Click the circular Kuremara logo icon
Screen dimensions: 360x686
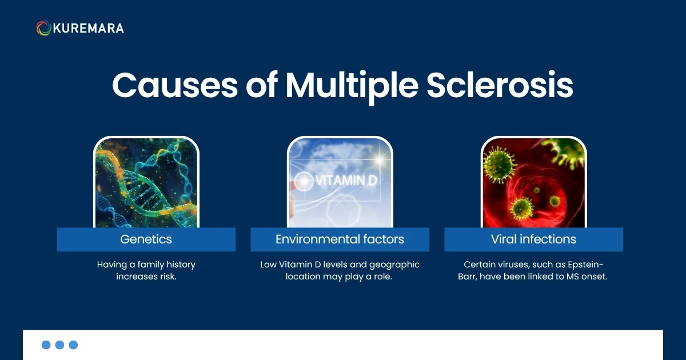click(43, 28)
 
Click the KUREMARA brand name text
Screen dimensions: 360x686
click(88, 28)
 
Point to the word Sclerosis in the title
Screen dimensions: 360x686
click(500, 86)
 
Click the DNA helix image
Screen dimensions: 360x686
click(146, 183)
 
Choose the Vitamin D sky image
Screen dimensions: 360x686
click(340, 183)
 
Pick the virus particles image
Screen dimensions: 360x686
click(533, 183)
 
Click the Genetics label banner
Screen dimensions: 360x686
click(146, 239)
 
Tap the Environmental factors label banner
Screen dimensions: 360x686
click(340, 239)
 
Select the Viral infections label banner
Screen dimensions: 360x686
click(533, 239)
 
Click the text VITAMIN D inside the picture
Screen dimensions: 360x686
click(346, 181)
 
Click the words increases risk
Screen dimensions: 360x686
click(146, 277)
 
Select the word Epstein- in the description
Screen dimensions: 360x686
click(584, 265)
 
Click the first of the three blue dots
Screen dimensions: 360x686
click(46, 345)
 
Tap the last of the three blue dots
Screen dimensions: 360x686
click(73, 345)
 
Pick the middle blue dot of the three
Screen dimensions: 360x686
click(59, 345)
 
